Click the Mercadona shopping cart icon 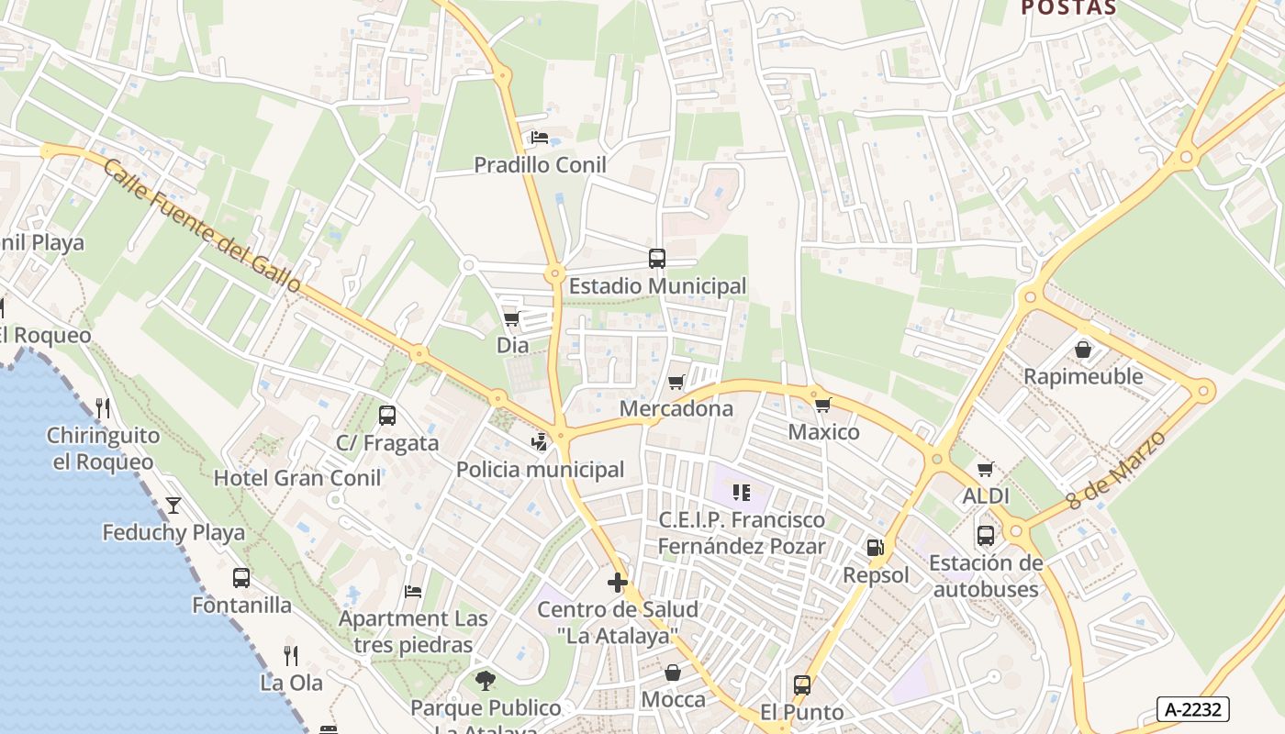coord(676,382)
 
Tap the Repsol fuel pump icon coord(876,548)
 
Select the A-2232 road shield coord(1193,709)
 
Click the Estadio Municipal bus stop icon coord(657,259)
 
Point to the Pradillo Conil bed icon coord(540,139)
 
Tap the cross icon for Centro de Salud coord(618,583)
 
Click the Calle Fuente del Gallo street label coord(202,226)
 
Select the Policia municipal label coord(540,470)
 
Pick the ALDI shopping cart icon coord(986,470)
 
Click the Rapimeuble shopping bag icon coord(1083,350)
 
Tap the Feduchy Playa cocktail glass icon coord(173,506)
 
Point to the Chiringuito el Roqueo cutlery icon coord(103,408)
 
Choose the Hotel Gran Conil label coord(297,478)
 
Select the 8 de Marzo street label coord(1116,471)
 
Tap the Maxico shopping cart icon coord(822,405)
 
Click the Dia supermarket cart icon coord(512,318)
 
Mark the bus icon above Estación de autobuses coord(986,536)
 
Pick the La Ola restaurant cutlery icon coord(291,655)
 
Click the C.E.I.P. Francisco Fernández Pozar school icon coord(742,493)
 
